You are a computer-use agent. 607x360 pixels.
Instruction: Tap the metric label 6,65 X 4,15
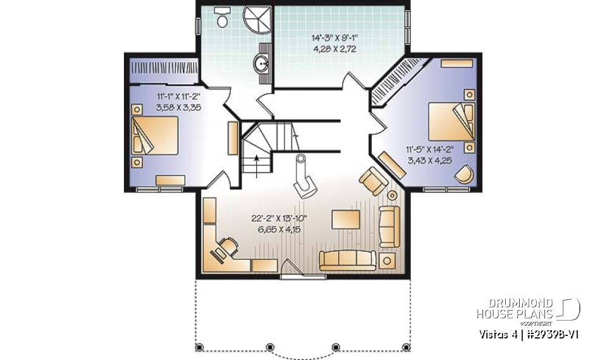[x=279, y=229]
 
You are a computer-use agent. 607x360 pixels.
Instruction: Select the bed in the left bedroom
[x=155, y=135]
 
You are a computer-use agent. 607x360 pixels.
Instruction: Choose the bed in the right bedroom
[x=451, y=120]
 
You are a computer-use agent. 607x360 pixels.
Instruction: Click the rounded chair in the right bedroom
[x=465, y=175]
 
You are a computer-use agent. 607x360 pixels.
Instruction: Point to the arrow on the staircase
[x=256, y=159]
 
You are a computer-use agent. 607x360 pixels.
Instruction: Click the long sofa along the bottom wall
[x=348, y=259]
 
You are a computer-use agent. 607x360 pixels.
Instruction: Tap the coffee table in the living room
[x=345, y=220]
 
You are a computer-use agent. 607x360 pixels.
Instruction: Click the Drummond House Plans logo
[x=528, y=308]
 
